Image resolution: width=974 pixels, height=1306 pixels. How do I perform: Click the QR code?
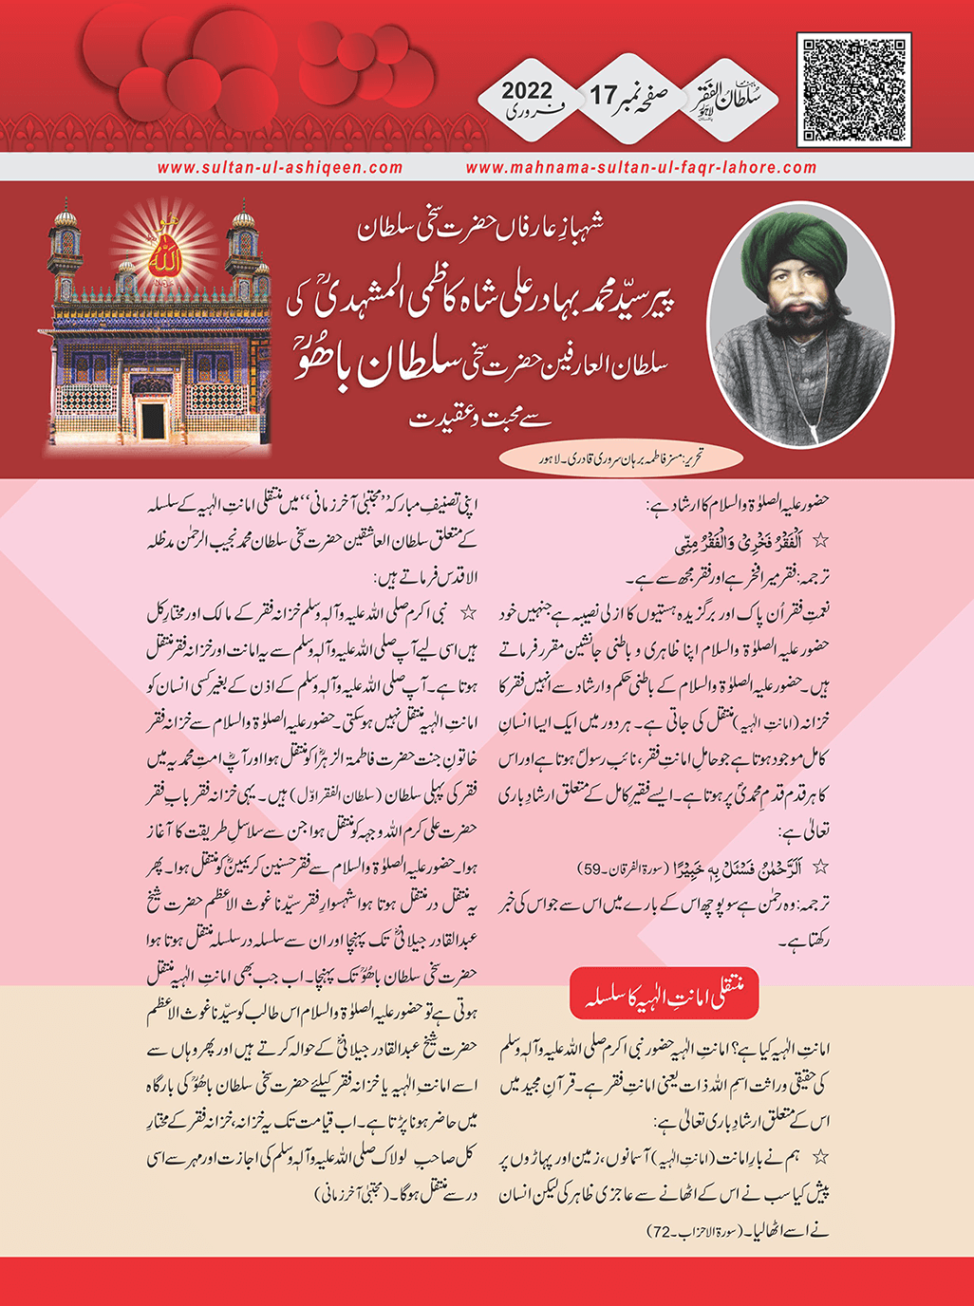(854, 90)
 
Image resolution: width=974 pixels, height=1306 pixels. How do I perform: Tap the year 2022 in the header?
(527, 91)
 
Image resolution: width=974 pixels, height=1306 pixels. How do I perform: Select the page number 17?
(604, 95)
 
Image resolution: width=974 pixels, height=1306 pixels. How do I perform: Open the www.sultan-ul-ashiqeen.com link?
(280, 167)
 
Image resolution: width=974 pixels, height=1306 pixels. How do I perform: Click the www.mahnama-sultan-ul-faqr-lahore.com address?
(641, 167)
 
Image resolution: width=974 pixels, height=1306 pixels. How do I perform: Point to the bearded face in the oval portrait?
(800, 304)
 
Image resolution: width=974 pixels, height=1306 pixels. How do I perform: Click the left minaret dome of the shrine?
(66, 219)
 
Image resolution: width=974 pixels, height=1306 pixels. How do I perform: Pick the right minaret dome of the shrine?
(243, 219)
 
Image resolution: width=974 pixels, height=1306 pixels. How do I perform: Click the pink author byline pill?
(622, 459)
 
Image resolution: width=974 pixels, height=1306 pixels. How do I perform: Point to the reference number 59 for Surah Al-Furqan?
(593, 868)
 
